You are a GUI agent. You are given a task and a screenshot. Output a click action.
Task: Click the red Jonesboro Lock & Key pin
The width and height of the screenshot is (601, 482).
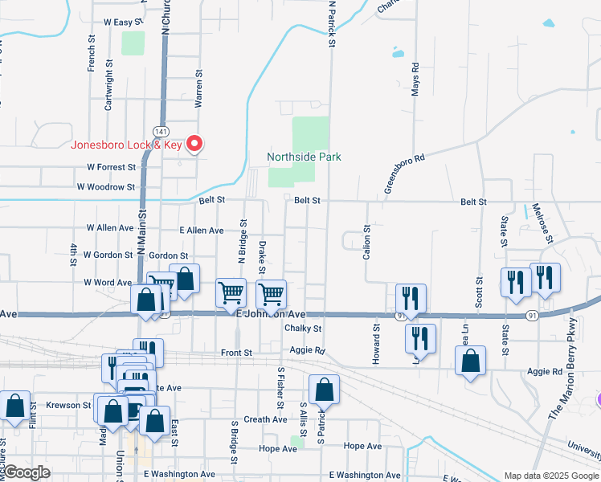coord(194,144)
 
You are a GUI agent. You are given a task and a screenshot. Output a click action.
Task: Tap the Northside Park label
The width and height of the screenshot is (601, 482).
coord(305,157)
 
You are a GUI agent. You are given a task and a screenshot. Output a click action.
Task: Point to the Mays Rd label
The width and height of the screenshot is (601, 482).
coord(415,80)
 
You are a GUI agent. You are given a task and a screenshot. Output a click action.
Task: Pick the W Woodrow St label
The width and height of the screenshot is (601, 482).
coord(106,186)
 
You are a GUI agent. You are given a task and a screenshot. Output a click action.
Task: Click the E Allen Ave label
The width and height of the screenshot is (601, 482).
coord(202,231)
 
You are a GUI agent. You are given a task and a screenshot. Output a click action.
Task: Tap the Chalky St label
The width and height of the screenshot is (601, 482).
coord(302,329)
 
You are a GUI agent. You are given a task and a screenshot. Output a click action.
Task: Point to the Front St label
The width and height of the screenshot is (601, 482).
coord(236,353)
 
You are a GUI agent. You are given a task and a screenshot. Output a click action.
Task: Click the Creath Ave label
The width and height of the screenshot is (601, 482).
coord(265,419)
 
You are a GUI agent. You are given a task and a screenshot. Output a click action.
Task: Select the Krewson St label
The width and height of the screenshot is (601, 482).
coord(68,405)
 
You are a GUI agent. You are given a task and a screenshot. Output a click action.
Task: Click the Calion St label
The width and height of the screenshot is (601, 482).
coord(367,240)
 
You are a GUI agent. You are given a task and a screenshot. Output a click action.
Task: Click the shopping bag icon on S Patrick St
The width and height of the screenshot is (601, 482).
coord(323,390)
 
